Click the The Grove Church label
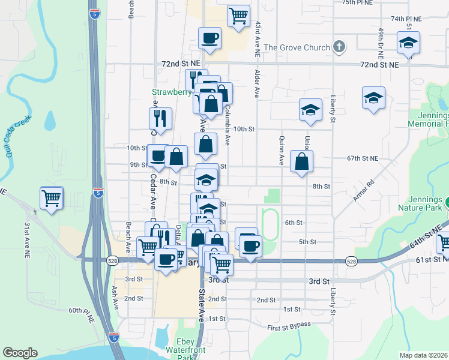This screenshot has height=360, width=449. click(297, 47)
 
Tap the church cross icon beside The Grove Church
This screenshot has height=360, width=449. click(339, 47)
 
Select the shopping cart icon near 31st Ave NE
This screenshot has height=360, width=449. click(52, 197)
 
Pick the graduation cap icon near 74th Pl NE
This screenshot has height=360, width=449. click(408, 43)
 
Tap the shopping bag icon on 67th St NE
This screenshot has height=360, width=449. click(301, 161)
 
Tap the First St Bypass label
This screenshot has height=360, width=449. click(289, 325)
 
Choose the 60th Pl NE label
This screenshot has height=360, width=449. click(82, 311)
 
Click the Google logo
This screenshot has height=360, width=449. click(20, 353)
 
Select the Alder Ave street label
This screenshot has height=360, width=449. click(256, 83)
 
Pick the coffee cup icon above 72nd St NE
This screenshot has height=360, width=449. click(210, 38)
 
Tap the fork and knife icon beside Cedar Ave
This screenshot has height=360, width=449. click(160, 118)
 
